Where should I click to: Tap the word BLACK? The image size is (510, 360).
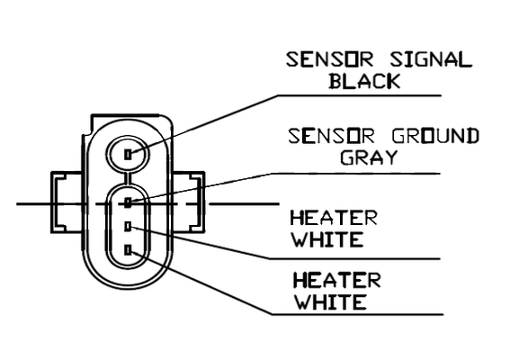(364, 81)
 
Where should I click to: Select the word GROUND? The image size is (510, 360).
(435, 136)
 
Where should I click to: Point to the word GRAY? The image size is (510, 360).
(369, 157)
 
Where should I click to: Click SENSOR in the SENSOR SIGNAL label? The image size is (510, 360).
(329, 60)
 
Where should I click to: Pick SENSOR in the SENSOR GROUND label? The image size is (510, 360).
(331, 136)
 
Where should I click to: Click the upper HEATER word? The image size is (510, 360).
(334, 218)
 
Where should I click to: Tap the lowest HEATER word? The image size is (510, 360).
(336, 281)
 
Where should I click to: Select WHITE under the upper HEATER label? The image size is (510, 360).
(327, 239)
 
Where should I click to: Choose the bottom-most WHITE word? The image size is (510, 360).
(330, 302)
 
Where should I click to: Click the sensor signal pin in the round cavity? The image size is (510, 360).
(129, 154)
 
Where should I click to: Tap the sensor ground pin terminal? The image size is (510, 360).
(129, 202)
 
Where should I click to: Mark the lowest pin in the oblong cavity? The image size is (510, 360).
(129, 250)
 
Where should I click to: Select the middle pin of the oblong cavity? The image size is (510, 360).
(129, 227)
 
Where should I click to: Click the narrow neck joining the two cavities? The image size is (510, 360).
(128, 177)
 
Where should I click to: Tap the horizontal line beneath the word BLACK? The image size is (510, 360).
(360, 95)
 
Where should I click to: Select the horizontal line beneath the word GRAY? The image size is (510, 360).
(355, 174)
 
